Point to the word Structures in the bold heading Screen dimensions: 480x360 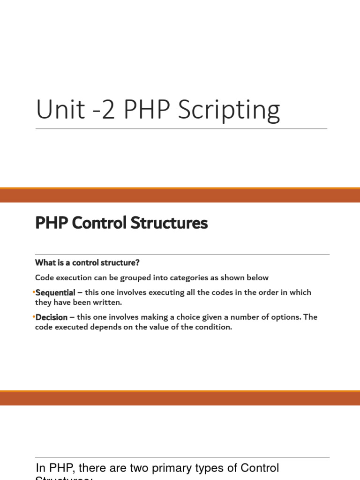(x=169, y=223)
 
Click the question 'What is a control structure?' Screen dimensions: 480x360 (x=87, y=262)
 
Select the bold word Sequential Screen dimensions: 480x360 (x=55, y=292)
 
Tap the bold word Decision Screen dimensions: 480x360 (x=52, y=317)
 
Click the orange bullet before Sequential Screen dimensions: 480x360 (x=34, y=292)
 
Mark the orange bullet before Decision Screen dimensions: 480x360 (x=34, y=317)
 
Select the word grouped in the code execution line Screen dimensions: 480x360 (x=119, y=277)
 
